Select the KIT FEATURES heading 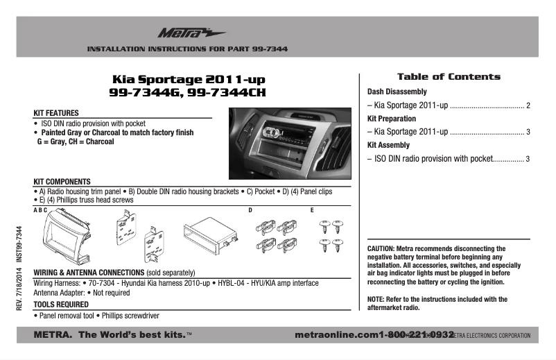pyautogui.click(x=56, y=112)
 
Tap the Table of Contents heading pyautogui.click(x=448, y=77)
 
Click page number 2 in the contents pyautogui.click(x=528, y=107)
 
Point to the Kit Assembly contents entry pyautogui.click(x=388, y=145)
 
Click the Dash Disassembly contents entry pyautogui.click(x=397, y=92)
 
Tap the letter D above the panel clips pyautogui.click(x=250, y=209)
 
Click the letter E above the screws pyautogui.click(x=312, y=209)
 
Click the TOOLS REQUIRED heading pyautogui.click(x=61, y=305)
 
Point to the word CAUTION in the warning pyautogui.click(x=381, y=248)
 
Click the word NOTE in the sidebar pyautogui.click(x=376, y=300)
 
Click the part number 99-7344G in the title pyautogui.click(x=147, y=92)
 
